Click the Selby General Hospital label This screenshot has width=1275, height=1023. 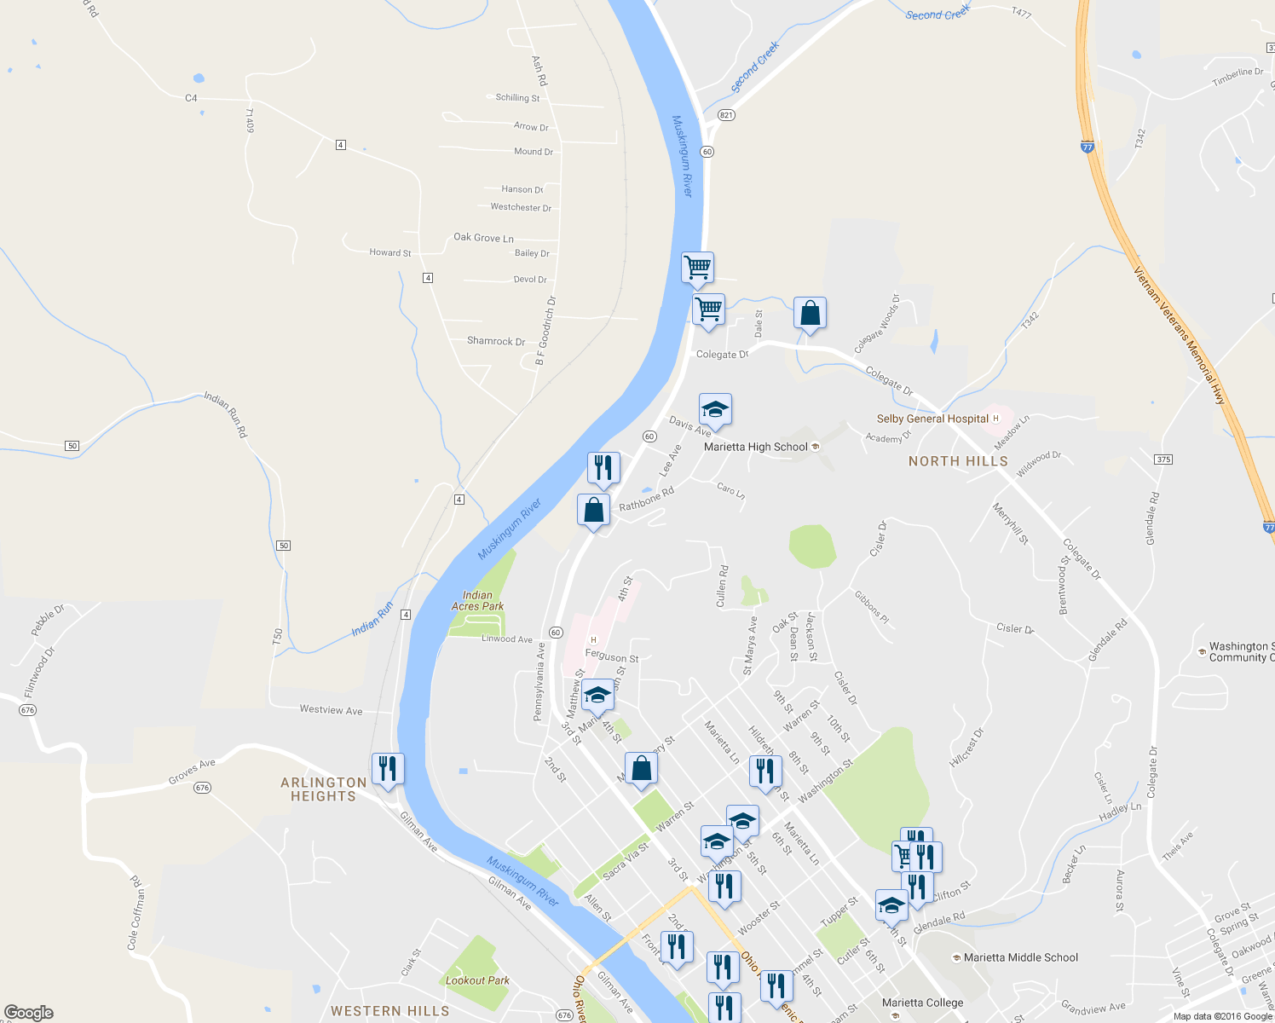point(932,419)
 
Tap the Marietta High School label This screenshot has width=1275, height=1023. point(755,447)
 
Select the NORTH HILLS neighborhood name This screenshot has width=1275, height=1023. point(958,461)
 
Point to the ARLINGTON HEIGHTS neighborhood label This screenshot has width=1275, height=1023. point(324,789)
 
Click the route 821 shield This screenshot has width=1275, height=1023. point(726,115)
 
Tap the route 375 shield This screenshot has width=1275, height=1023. point(1164,459)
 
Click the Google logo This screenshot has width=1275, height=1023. point(29,1013)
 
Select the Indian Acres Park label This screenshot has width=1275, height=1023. point(477,601)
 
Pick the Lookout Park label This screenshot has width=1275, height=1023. point(477,980)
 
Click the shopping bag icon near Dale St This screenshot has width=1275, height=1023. point(810,314)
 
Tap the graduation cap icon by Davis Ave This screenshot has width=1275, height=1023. point(715,410)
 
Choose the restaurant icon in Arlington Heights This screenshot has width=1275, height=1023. point(388,769)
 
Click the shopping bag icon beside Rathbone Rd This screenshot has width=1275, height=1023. point(594,511)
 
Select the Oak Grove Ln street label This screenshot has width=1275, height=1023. point(483,238)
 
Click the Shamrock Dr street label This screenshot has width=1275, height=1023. point(496,341)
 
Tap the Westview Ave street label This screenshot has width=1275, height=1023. point(331,710)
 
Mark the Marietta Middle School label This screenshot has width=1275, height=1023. point(1020,957)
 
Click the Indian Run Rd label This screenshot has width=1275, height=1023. point(226,414)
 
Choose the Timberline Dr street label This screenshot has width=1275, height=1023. point(1237,77)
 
